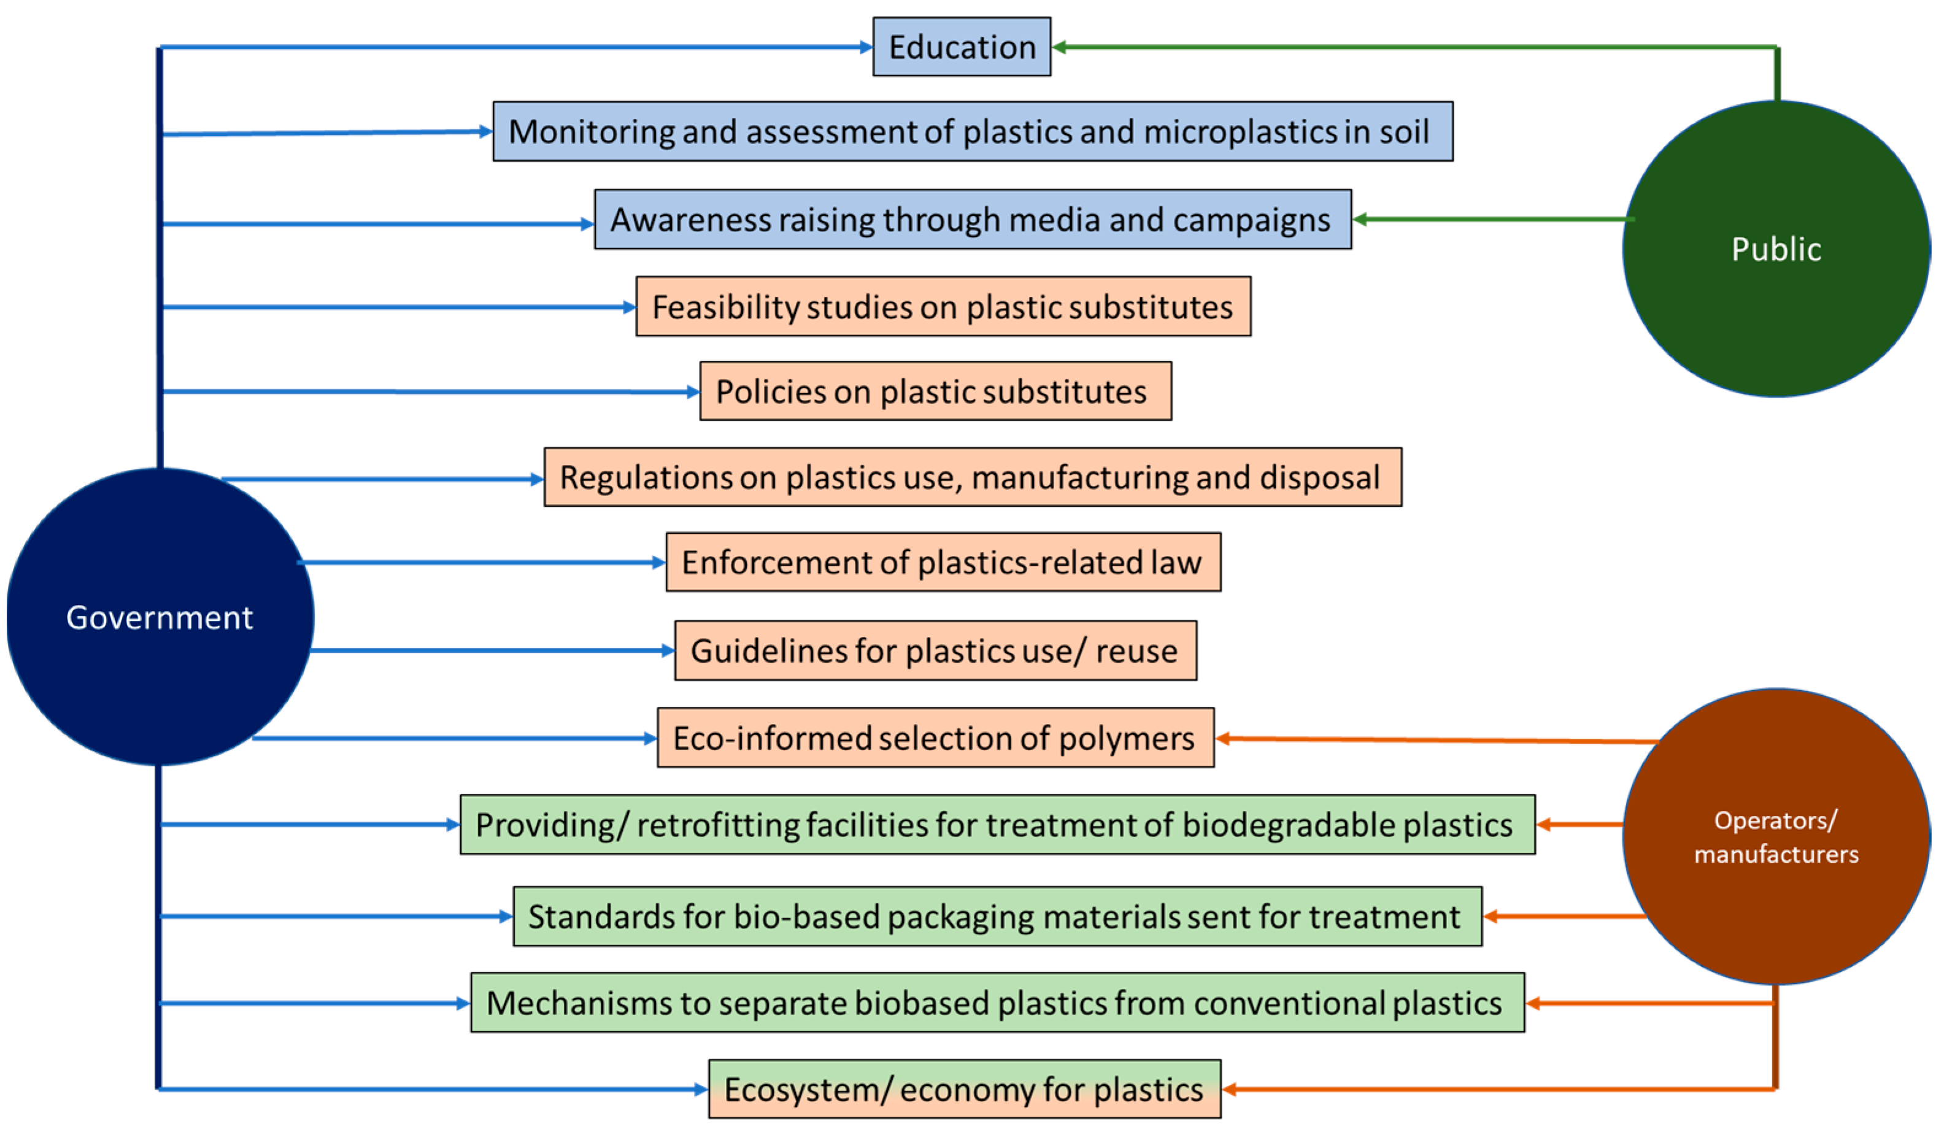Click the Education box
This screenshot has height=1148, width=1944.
pyautogui.click(x=962, y=47)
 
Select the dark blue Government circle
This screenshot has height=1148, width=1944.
pyautogui.click(x=160, y=617)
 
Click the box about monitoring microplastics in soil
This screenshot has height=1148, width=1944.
pyautogui.click(x=973, y=131)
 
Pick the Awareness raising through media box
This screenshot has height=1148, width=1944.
pyautogui.click(x=973, y=220)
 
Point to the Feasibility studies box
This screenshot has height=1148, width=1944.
pyautogui.click(x=943, y=307)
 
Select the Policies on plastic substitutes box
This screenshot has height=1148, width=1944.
pyautogui.click(x=935, y=391)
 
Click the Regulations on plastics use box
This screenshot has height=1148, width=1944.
pyautogui.click(x=973, y=477)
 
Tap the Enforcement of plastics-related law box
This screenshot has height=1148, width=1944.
pyautogui.click(x=943, y=563)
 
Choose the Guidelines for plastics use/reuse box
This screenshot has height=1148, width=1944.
pyautogui.click(x=935, y=650)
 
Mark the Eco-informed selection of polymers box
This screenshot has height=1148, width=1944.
pyautogui.click(x=935, y=738)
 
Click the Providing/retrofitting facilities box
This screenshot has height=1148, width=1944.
pyautogui.click(x=997, y=825)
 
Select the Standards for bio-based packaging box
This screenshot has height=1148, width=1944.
pyautogui.click(x=997, y=917)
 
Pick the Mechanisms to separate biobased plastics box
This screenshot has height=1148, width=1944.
pyautogui.click(x=997, y=1003)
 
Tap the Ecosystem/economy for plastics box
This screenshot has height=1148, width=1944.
pyautogui.click(x=965, y=1090)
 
